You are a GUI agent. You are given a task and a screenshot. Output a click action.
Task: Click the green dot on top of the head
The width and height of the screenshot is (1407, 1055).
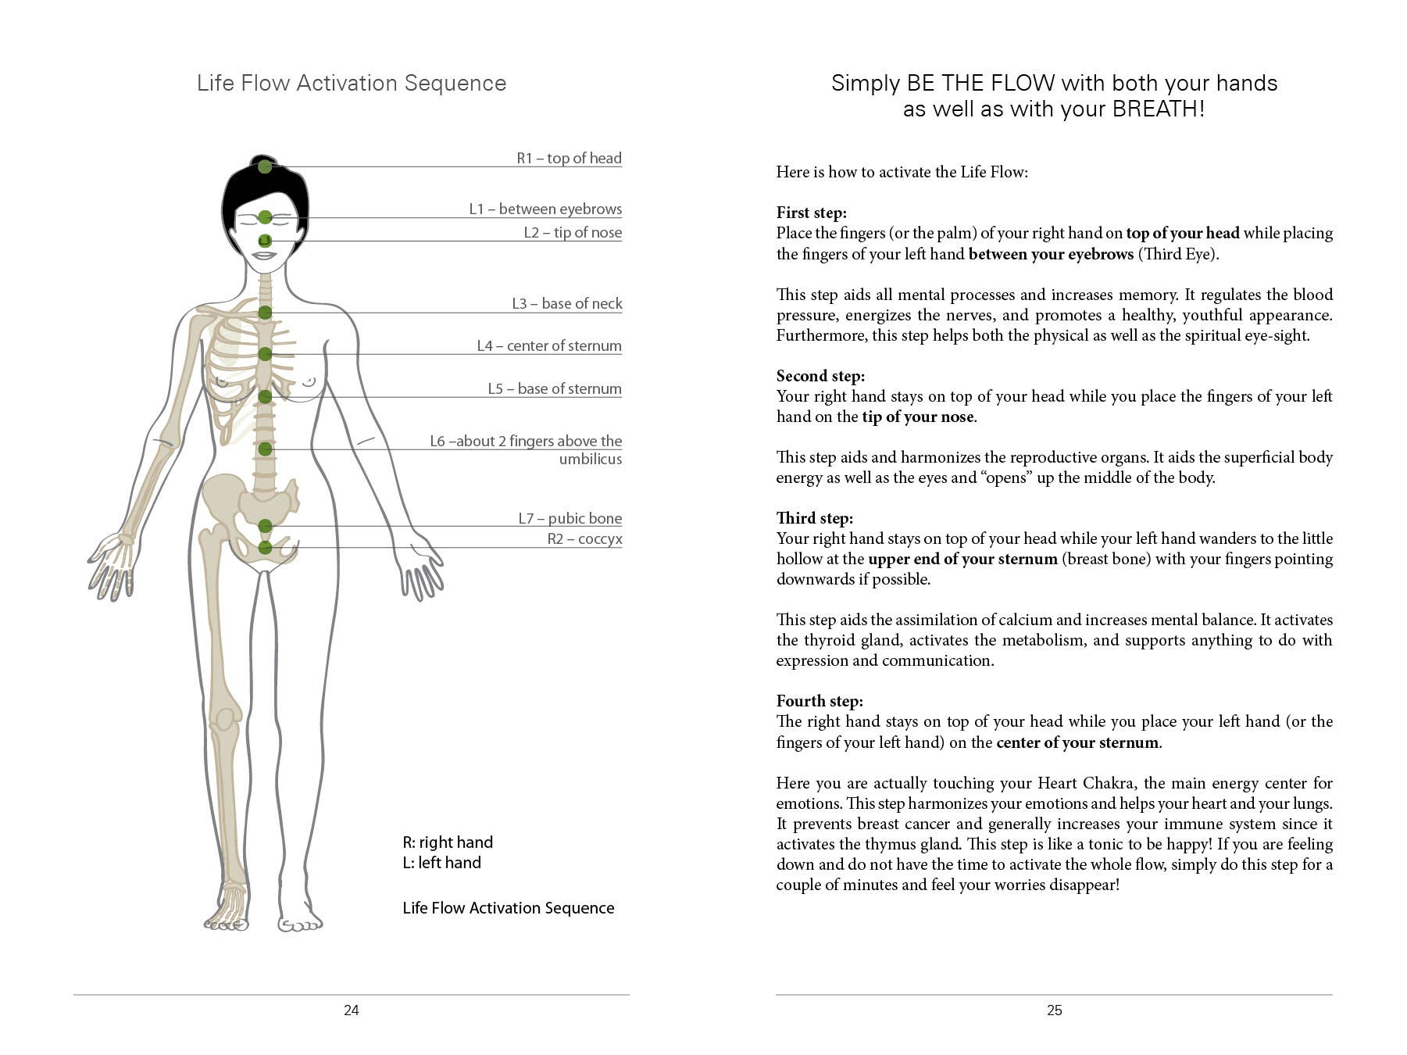click(x=265, y=166)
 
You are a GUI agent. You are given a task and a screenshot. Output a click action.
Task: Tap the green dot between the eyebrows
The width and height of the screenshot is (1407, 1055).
click(x=265, y=217)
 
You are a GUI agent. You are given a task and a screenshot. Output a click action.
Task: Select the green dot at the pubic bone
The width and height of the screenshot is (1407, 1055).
click(x=265, y=526)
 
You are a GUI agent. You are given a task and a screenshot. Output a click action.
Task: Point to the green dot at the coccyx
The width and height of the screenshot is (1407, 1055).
click(x=265, y=547)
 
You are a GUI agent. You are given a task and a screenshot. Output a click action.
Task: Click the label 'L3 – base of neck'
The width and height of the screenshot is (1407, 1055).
click(x=566, y=303)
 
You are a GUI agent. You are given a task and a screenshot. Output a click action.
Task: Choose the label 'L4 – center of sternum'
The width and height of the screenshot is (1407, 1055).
click(x=549, y=345)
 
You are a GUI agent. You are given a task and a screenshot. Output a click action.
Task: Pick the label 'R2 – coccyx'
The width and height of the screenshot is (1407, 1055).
click(x=584, y=538)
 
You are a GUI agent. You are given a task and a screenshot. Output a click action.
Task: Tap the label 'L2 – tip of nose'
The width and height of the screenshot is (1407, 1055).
click(x=573, y=232)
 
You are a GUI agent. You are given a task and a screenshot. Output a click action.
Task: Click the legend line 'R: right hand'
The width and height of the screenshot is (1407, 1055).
click(x=448, y=842)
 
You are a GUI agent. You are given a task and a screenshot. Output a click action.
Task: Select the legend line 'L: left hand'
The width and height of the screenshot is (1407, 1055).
click(x=441, y=863)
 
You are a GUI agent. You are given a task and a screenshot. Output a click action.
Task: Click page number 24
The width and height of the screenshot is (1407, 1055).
click(x=352, y=1010)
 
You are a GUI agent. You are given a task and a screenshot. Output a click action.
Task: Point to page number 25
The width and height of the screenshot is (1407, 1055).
click(x=1055, y=1010)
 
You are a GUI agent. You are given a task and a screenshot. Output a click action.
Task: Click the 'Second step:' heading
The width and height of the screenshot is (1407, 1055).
click(x=820, y=376)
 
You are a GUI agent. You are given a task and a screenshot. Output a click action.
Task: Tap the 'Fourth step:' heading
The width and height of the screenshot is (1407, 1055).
click(x=820, y=701)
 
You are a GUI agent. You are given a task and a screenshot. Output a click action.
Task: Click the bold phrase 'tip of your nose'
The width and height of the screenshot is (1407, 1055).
click(x=918, y=417)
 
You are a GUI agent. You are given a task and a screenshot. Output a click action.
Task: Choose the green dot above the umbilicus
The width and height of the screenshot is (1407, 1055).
click(x=265, y=449)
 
